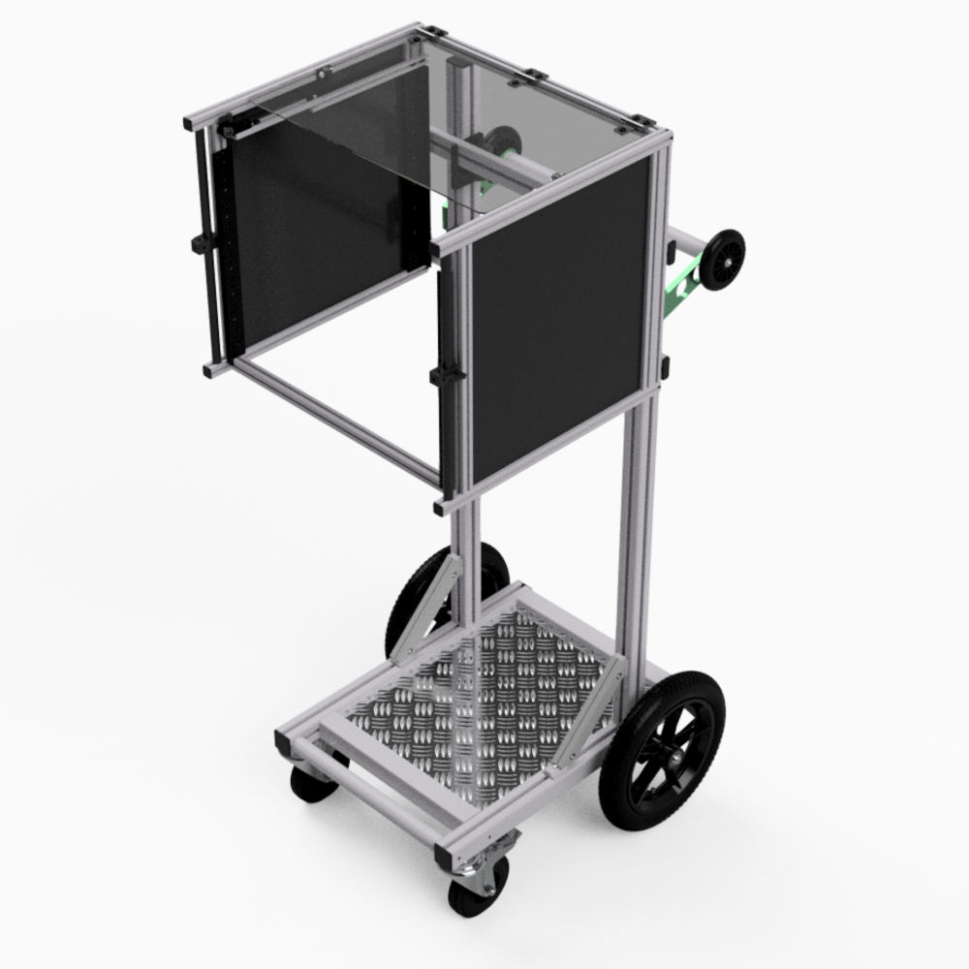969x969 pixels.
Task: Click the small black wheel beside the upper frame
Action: [x=722, y=260]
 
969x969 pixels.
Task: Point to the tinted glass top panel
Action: [x=523, y=107]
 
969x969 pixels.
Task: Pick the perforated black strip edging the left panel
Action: [x=229, y=242]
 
